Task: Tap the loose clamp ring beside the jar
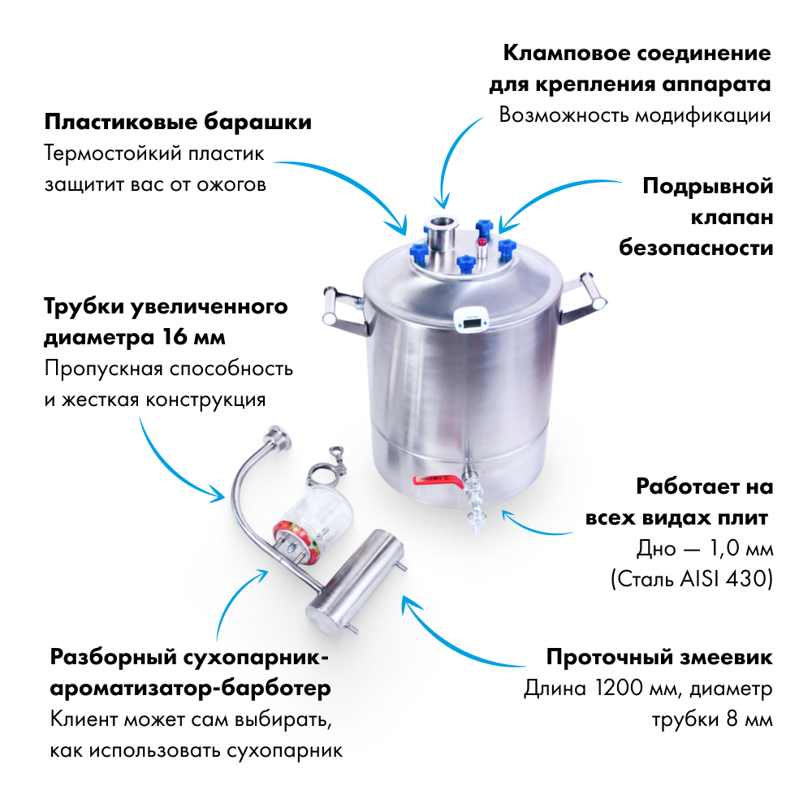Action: tap(326, 469)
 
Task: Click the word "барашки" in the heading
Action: tap(257, 123)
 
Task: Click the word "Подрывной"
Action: tap(707, 186)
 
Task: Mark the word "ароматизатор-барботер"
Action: tap(191, 689)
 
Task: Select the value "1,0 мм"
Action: tap(741, 548)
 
